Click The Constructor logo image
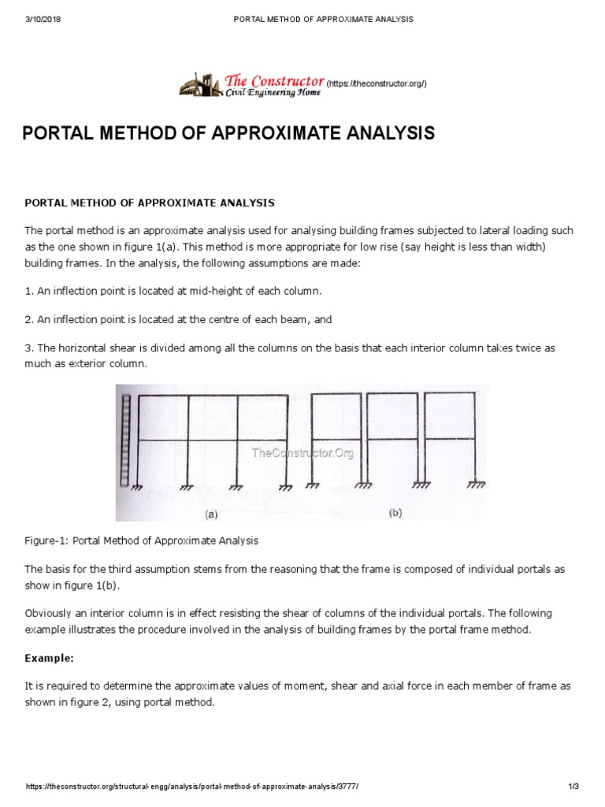tap(200, 84)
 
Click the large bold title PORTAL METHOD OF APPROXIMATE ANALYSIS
tap(228, 133)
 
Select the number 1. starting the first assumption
tap(29, 291)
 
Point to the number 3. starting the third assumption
tap(29, 348)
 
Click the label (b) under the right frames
tap(395, 512)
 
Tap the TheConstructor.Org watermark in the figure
tap(302, 452)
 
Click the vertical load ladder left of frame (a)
tap(124, 441)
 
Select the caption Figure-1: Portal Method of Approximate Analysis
tap(142, 541)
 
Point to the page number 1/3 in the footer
tap(573, 787)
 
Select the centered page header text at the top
tap(323, 18)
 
